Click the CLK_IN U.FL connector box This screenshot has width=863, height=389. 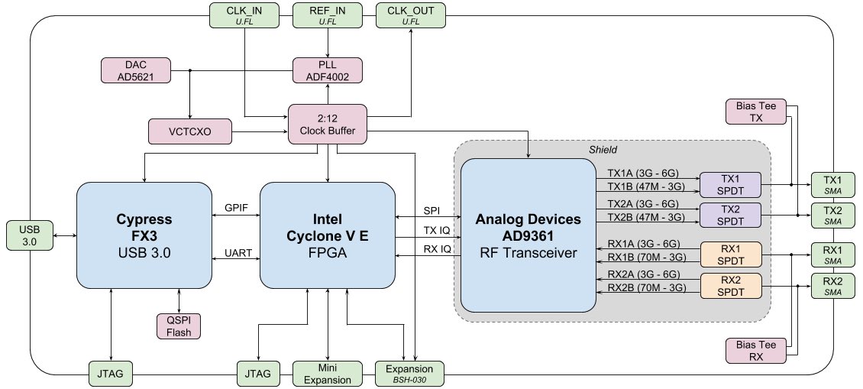tap(242, 15)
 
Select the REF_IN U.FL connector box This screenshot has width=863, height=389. tap(327, 15)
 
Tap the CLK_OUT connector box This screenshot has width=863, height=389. tap(410, 15)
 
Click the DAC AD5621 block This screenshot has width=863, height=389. tap(134, 70)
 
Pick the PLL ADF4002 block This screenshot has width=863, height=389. tap(328, 70)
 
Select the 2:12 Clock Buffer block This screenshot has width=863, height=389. tap(328, 123)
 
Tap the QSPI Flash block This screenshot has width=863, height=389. tap(179, 326)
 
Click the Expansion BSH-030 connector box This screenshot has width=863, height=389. tap(410, 373)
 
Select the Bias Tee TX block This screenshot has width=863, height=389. tap(756, 112)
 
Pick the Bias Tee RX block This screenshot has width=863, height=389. tap(756, 350)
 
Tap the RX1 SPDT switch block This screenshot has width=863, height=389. tap(731, 254)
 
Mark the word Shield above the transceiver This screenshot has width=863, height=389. tap(603, 150)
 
